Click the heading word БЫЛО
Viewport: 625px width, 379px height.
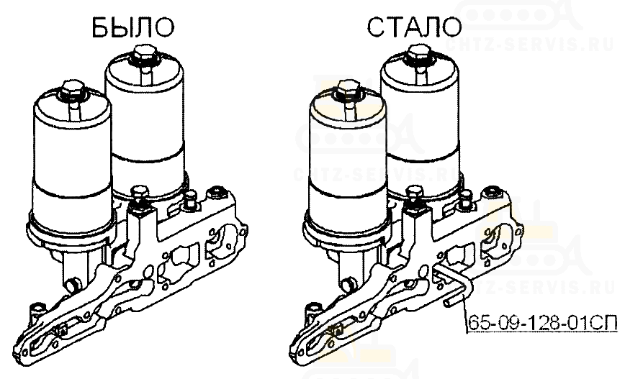132,28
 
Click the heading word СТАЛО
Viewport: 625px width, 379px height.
414,27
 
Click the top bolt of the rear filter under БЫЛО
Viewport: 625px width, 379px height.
145,53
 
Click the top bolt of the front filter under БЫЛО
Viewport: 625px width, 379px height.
72,90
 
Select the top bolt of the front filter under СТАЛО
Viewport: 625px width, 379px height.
347,90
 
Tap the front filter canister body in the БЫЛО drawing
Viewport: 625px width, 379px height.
72,167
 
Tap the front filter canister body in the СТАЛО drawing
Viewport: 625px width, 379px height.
347,167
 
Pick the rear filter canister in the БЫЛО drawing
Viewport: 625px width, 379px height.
148,127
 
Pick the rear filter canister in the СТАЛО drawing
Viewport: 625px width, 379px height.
423,127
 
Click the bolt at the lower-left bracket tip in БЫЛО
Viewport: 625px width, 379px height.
38,311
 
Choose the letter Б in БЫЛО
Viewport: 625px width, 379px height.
101,28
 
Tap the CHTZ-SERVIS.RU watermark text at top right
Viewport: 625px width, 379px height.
530,45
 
